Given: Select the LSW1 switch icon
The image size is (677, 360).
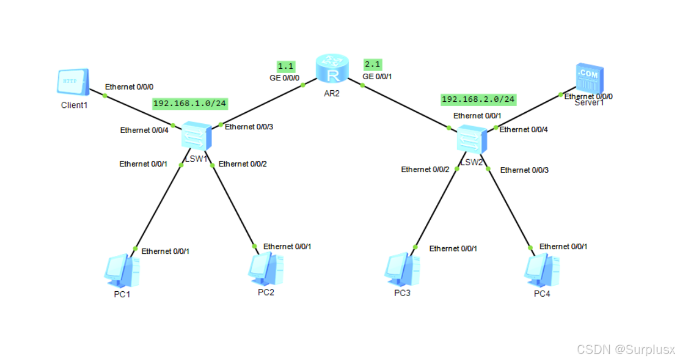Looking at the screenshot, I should click(x=197, y=135).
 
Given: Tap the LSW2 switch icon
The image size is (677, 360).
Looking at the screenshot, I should click(x=472, y=139).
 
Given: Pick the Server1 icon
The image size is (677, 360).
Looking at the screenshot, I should click(x=589, y=79).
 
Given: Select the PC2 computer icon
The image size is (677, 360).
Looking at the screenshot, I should click(x=266, y=269).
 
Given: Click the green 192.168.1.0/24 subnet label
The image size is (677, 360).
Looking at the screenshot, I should click(x=191, y=103).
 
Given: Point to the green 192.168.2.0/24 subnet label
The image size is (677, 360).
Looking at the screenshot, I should click(x=478, y=99).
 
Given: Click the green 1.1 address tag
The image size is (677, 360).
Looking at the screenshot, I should click(x=285, y=66).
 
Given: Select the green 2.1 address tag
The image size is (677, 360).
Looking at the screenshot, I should click(x=372, y=64).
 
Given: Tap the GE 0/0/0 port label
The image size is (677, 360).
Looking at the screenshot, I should click(x=284, y=78).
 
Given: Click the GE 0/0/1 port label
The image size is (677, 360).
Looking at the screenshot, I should click(x=378, y=76).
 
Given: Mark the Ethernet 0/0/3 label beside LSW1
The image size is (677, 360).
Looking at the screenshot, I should click(x=249, y=127).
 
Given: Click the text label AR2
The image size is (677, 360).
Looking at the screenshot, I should click(x=332, y=93).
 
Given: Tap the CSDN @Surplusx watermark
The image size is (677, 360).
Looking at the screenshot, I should click(x=625, y=349).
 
